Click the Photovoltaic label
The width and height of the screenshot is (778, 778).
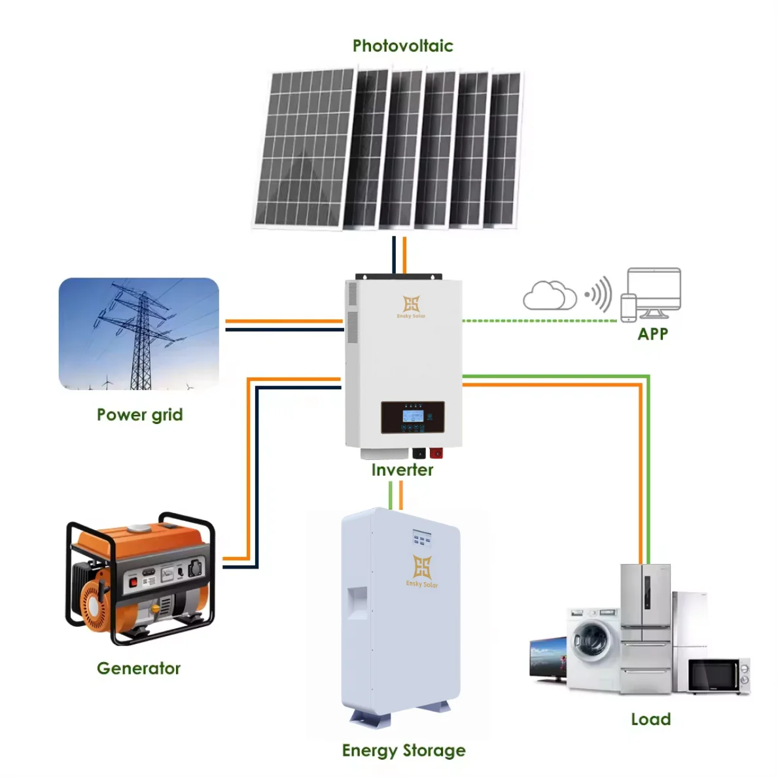tap(402, 46)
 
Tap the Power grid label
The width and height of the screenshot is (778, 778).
tap(139, 415)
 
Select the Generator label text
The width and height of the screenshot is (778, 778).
tap(138, 668)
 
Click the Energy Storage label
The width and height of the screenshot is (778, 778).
tap(404, 751)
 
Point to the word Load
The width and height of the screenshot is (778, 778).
tap(650, 719)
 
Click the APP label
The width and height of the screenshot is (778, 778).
tap(652, 334)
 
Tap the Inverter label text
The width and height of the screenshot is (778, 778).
tap(402, 470)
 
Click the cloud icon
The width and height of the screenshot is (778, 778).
tap(549, 296)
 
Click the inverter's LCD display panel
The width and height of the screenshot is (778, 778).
tap(413, 417)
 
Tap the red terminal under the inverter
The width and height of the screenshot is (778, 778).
tap(436, 453)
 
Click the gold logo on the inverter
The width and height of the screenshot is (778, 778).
tap(411, 304)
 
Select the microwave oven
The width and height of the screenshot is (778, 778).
tap(718, 675)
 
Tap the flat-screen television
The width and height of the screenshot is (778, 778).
tap(548, 658)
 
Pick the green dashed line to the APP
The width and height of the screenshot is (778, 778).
tap(540, 321)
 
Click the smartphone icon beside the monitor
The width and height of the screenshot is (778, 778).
tap(628, 308)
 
